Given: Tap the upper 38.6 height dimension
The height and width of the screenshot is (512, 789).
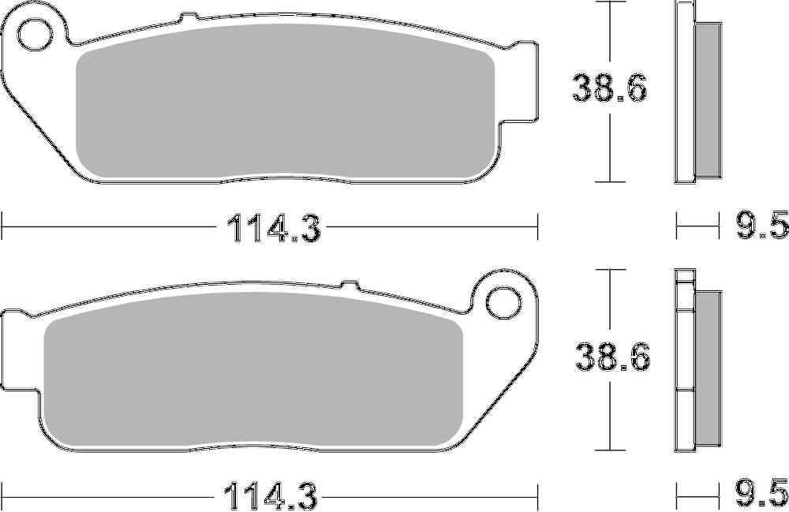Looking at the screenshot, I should point(610,89).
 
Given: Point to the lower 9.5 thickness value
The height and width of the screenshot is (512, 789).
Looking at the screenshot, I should point(762,496).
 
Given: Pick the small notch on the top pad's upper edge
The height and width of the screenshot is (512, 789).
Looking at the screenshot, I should point(187,17).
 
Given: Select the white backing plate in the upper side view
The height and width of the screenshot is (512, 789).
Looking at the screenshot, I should point(684,95).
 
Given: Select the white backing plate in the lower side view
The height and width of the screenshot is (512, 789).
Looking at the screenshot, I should point(684,363).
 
